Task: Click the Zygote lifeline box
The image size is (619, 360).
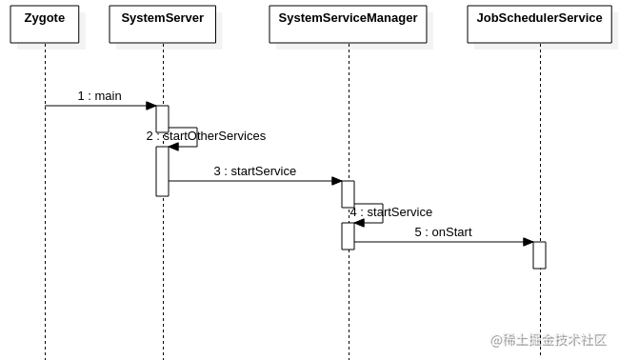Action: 45,24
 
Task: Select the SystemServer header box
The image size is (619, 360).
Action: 162,24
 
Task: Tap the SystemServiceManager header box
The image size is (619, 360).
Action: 348,24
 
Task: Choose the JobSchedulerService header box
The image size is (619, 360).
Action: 539,24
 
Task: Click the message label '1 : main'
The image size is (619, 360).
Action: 99,95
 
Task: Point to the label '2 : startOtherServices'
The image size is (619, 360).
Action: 206,136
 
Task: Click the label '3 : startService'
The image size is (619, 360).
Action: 254,171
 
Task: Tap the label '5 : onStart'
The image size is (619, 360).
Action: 443,232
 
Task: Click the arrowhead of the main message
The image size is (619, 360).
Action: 151,106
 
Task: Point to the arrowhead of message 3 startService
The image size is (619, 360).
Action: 337,181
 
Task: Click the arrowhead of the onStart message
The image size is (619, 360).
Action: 529,242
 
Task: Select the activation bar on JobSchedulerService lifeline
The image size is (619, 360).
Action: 539,255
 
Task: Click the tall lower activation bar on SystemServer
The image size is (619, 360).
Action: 162,171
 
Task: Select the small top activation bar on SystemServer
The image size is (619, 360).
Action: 162,118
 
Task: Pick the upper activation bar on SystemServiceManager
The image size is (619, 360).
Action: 348,193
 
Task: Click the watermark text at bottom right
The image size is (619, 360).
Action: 549,340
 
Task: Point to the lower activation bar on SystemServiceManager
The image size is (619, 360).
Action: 348,236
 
